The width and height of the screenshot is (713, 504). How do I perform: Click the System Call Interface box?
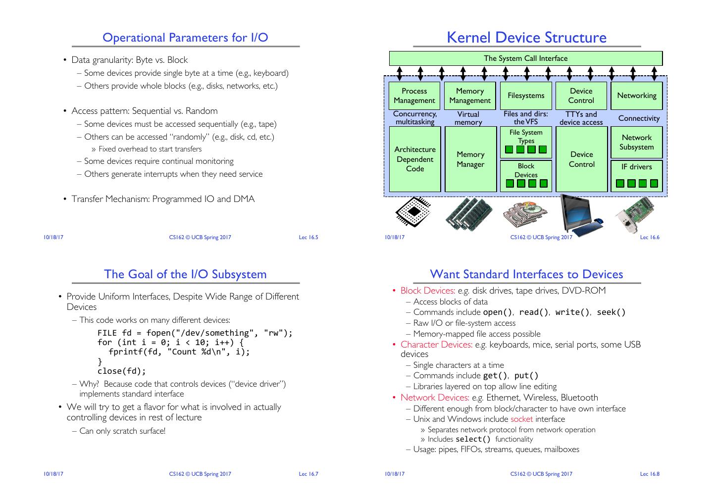tap(525, 58)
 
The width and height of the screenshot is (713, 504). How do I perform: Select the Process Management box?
tap(414, 96)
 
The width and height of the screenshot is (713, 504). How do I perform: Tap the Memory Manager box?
tap(470, 159)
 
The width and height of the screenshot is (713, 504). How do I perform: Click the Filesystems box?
tap(525, 96)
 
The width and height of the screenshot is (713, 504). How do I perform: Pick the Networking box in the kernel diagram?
tap(636, 96)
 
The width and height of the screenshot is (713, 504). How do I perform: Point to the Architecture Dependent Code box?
tap(414, 159)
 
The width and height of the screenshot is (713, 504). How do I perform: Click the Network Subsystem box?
tap(636, 142)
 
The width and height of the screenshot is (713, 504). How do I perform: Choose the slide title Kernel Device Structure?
tap(526, 38)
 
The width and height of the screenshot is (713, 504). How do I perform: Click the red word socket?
tap(521, 419)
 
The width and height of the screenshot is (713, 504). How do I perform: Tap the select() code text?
tap(473, 439)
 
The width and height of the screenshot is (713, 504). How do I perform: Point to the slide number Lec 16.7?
tap(308, 474)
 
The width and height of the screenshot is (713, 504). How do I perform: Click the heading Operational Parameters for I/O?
tap(185, 38)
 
